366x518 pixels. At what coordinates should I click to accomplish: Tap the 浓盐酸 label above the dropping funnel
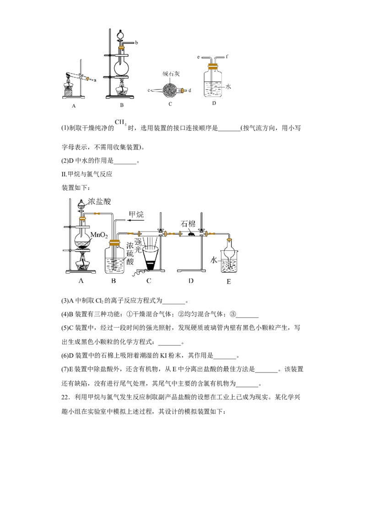click(100, 201)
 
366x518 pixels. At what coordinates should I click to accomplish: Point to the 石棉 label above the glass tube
click(189, 223)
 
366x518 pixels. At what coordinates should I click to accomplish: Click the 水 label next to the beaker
click(214, 259)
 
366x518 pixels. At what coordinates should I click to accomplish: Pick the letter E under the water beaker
click(230, 281)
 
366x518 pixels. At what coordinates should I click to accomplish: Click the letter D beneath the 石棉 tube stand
click(190, 281)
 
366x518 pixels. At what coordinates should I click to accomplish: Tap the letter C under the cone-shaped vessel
click(149, 281)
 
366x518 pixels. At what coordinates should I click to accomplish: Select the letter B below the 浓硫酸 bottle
click(113, 281)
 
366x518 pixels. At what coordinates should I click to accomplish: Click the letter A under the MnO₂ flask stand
click(81, 281)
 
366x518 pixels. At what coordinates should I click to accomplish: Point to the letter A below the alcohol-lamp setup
click(72, 106)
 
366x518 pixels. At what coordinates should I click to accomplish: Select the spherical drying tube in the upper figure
click(170, 91)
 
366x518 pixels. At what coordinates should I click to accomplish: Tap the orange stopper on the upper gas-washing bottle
click(213, 66)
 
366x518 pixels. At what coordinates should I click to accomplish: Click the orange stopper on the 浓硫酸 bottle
click(114, 243)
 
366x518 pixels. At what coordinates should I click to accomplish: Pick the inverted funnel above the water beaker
click(230, 250)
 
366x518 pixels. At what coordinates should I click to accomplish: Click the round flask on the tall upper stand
click(121, 68)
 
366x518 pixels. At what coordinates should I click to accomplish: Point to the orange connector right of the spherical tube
click(183, 91)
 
